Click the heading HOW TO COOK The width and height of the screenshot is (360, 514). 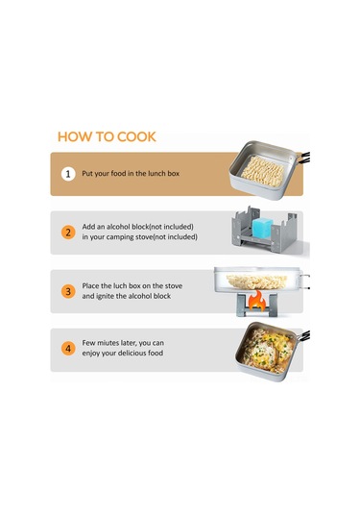[107, 136]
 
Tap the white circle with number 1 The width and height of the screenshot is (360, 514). [68, 174]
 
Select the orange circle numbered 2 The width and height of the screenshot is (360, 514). [68, 233]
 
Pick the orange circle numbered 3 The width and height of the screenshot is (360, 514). [68, 291]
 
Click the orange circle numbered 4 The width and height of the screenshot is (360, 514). [68, 348]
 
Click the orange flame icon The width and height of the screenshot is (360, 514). [257, 301]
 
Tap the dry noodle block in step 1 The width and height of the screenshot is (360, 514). [263, 171]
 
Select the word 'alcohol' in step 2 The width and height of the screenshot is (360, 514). [118, 227]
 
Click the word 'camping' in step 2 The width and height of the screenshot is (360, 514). [120, 237]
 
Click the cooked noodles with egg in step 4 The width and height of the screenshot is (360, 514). [269, 350]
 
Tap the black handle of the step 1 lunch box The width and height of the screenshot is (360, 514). [305, 158]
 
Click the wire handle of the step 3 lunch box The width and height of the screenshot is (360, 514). [304, 281]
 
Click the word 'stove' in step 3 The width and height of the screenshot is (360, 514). [174, 286]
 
